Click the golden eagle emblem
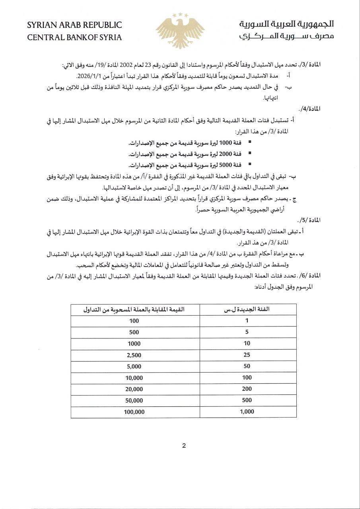pyautogui.click(x=180, y=31)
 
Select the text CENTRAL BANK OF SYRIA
pyautogui.click(x=74, y=38)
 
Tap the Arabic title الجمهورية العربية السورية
pyautogui.click(x=286, y=24)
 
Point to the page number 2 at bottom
pyautogui.click(x=184, y=446)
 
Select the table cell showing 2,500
pyautogui.click(x=134, y=355)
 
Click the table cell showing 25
pyautogui.click(x=247, y=355)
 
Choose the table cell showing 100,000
pyautogui.click(x=134, y=412)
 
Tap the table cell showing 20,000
pyautogui.click(x=134, y=389)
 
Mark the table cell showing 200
pyautogui.click(x=247, y=389)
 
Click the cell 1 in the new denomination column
pyautogui.click(x=247, y=321)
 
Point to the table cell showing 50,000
pyautogui.click(x=134, y=400)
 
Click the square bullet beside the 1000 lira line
pyautogui.click(x=249, y=142)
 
